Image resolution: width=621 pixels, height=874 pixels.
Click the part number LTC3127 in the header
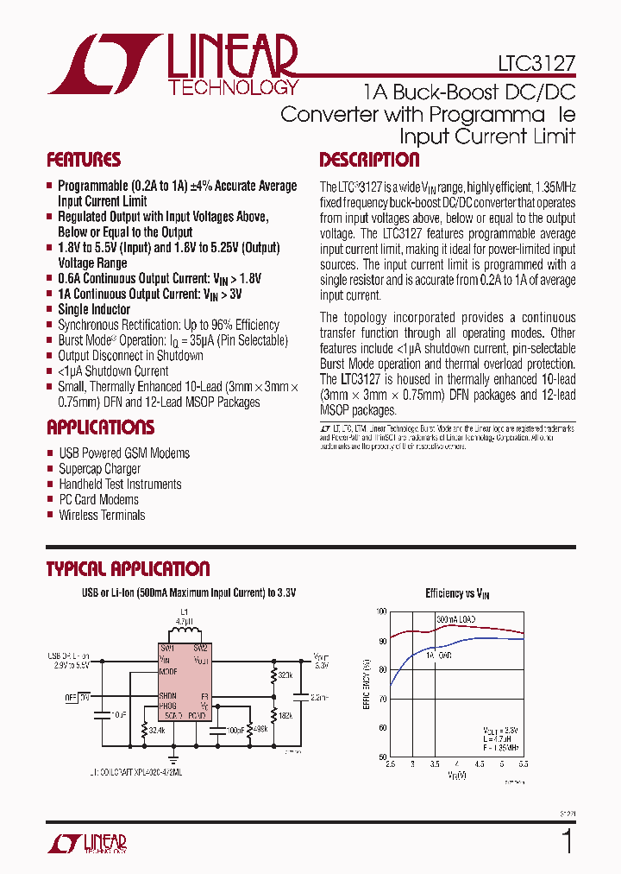pyautogui.click(x=536, y=63)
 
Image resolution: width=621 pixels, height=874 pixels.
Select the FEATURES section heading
pyautogui.click(x=83, y=160)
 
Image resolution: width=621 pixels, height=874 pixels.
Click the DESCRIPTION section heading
pyautogui.click(x=369, y=160)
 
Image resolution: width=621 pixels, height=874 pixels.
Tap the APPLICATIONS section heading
pyautogui.click(x=100, y=427)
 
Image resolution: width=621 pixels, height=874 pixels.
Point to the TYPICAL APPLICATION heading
pyautogui.click(x=127, y=569)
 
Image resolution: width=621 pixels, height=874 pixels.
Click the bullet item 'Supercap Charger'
pyautogui.click(x=99, y=469)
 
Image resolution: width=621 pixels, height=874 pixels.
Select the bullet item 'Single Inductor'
pyautogui.click(x=94, y=309)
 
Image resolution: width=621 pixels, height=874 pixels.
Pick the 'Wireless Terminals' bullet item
pyautogui.click(x=102, y=516)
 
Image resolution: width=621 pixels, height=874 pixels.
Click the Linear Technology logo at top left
pyautogui.click(x=172, y=65)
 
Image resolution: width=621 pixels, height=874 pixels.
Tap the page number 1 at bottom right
pyautogui.click(x=567, y=840)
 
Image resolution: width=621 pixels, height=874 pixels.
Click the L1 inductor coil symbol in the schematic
pyautogui.click(x=183, y=633)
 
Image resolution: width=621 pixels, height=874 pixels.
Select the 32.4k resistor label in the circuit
pyautogui.click(x=157, y=731)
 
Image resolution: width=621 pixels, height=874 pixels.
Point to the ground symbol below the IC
pyautogui.click(x=173, y=759)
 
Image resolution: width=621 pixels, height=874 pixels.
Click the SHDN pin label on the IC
pyautogui.click(x=167, y=696)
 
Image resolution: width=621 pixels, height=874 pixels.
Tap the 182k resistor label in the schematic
pyautogui.click(x=285, y=716)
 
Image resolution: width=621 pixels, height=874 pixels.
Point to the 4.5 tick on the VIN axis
pyautogui.click(x=480, y=764)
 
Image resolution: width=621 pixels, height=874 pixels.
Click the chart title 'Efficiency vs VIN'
pyautogui.click(x=457, y=593)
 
